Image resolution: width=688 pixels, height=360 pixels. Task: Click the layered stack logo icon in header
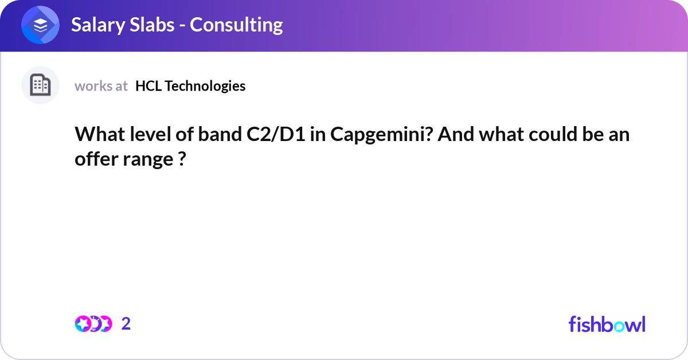(x=41, y=25)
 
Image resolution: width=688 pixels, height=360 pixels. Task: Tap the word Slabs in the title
(x=153, y=25)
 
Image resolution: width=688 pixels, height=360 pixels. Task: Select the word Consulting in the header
(x=236, y=25)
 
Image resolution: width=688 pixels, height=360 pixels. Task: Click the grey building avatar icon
(x=40, y=85)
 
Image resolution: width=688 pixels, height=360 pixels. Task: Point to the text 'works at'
(x=101, y=86)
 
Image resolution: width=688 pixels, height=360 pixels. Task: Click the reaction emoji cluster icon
(x=93, y=324)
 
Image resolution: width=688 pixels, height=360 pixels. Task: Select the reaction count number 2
(x=126, y=324)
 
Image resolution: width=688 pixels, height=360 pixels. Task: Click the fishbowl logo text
(x=607, y=324)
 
